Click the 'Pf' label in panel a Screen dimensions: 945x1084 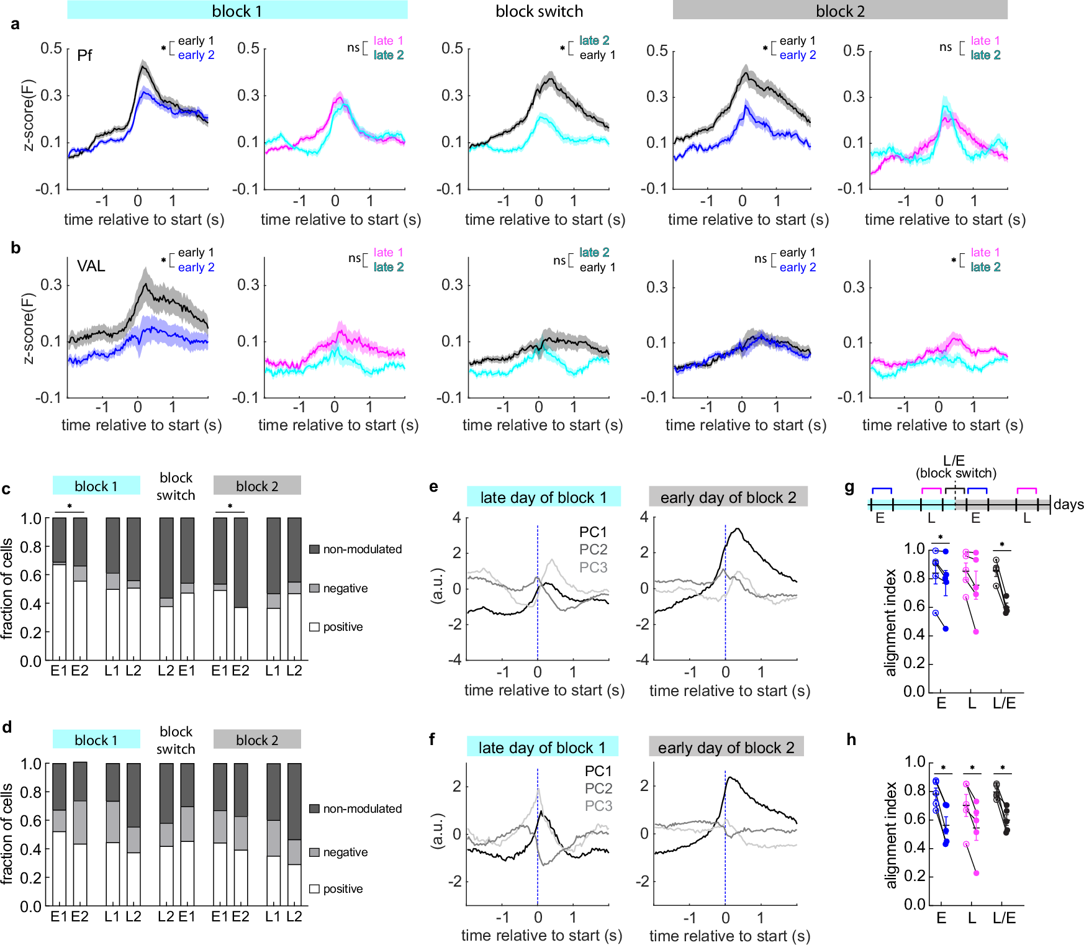pyautogui.click(x=84, y=55)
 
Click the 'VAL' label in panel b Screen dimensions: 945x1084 pyautogui.click(x=91, y=266)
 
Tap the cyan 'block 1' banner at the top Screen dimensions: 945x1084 pyautogui.click(x=237, y=11)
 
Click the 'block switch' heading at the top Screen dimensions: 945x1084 pyautogui.click(x=539, y=11)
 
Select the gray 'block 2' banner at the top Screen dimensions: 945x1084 pyautogui.click(x=839, y=11)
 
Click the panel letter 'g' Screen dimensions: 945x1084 pyautogui.click(x=850, y=487)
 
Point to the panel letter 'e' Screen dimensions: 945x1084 pyautogui.click(x=433, y=486)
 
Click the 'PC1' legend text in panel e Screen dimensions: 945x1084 pyautogui.click(x=593, y=532)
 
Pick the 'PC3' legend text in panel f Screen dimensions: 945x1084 pyautogui.click(x=598, y=805)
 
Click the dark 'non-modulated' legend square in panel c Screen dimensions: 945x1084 pyautogui.click(x=314, y=549)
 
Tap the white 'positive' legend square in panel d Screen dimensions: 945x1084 pyautogui.click(x=314, y=888)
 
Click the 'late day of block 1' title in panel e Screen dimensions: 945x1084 pyautogui.click(x=543, y=497)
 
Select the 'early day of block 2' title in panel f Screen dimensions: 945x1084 pyautogui.click(x=726, y=748)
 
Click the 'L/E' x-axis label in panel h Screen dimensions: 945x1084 pyautogui.click(x=1003, y=918)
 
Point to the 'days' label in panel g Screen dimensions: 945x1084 pyautogui.click(x=1068, y=504)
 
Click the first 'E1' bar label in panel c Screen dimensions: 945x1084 pyautogui.click(x=59, y=671)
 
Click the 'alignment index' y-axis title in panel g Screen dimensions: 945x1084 pyautogui.click(x=891, y=622)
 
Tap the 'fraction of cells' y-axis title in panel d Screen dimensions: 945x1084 pyautogui.click(x=7, y=833)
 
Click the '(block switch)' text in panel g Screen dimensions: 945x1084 pyautogui.click(x=955, y=473)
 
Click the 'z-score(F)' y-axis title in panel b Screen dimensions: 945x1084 pyautogui.click(x=29, y=328)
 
